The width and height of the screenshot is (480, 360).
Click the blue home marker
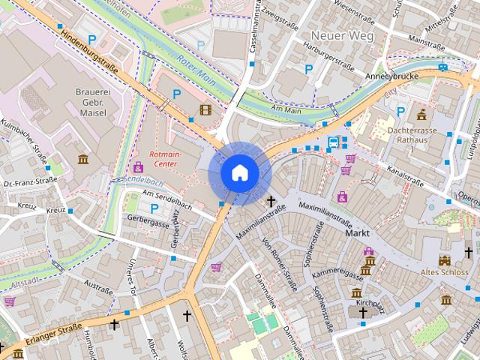coord(239,172)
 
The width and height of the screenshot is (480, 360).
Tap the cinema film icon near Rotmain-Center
coord(205,111)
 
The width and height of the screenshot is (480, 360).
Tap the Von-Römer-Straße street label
coord(280,262)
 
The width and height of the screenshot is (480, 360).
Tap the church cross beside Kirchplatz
coord(363,313)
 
